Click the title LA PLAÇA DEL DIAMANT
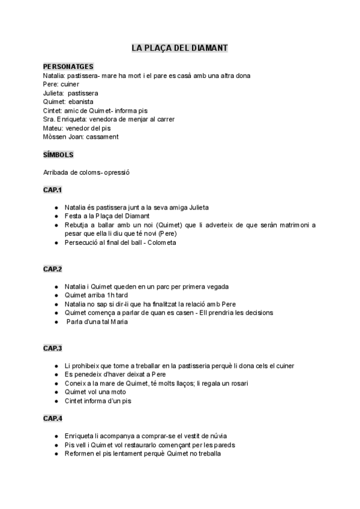(x=179, y=47)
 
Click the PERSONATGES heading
(x=68, y=67)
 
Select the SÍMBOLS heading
(x=58, y=155)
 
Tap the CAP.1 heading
(x=53, y=190)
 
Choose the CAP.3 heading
(x=53, y=348)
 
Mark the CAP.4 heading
(x=53, y=418)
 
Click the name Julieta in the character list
(x=53, y=93)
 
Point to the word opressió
(x=116, y=173)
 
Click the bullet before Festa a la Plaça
(x=56, y=216)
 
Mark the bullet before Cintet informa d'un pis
(x=56, y=401)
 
